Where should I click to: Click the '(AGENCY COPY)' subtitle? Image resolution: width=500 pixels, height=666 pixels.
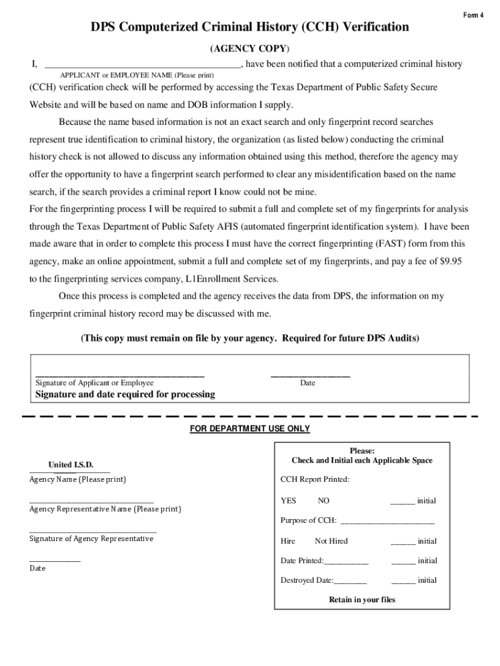point(249,49)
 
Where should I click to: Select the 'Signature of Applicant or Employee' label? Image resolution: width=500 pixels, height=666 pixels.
point(94,383)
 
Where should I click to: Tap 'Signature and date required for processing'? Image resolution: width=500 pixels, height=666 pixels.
point(125,395)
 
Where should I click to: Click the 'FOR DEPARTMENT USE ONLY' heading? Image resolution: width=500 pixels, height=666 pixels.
point(249,429)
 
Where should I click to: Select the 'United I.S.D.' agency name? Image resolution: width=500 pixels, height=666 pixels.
point(71,465)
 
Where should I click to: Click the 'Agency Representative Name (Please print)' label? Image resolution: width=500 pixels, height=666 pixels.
point(105,509)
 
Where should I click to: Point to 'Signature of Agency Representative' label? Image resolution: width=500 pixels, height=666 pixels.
point(92,539)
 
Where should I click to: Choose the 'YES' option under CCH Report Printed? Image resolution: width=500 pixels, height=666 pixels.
point(288,501)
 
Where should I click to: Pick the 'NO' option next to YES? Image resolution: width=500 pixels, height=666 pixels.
point(323,501)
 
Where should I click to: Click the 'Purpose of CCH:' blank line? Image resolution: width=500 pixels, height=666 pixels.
point(387,521)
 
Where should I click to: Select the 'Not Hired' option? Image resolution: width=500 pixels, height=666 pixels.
point(331,541)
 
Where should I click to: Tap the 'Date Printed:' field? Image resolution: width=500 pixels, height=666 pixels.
point(345,561)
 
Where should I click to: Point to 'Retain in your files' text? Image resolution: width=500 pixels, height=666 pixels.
point(362,600)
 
